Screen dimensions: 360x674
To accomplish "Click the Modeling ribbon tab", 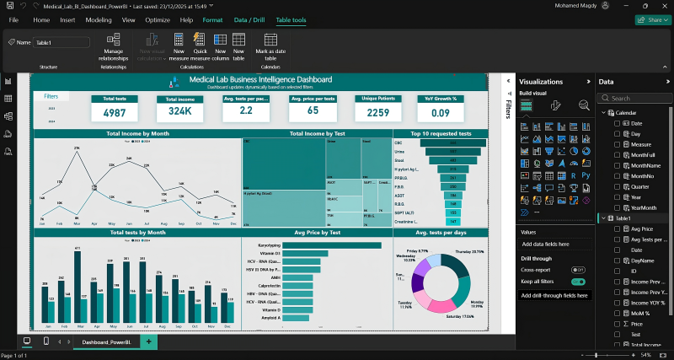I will click(x=99, y=19).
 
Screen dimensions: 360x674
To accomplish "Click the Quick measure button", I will click(x=200, y=45).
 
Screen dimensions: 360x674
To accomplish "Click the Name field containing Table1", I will click(x=62, y=42).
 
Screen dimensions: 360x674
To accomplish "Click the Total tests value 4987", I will click(x=114, y=112).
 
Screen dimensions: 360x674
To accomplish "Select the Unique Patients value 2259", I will click(x=377, y=112).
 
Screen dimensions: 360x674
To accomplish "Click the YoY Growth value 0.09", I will click(x=441, y=112).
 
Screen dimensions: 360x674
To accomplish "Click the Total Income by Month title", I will click(x=137, y=134).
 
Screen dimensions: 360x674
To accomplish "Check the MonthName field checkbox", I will click(x=618, y=166).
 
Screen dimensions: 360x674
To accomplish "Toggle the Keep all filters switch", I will click(x=578, y=282).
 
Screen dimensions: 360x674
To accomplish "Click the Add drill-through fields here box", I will click(x=554, y=296).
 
